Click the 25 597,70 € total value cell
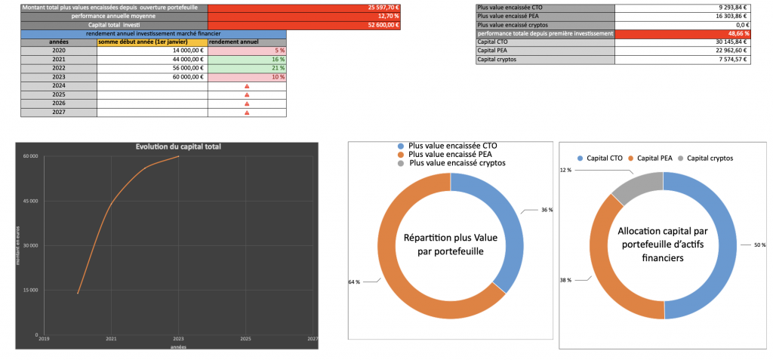click(303, 7)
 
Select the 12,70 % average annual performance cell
click(303, 16)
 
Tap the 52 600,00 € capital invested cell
click(303, 25)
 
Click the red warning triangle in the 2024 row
click(247, 87)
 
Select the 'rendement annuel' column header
click(247, 42)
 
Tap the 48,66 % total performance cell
click(682, 34)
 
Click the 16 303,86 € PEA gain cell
click(682, 16)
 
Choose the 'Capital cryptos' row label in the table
click(545, 60)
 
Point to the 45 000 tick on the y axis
click(30, 201)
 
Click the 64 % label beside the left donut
click(354, 282)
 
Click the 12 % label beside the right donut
click(566, 170)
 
